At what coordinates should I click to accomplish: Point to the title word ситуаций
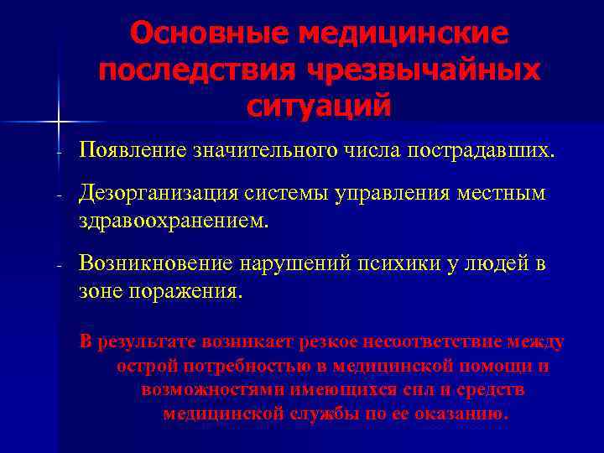click(320, 107)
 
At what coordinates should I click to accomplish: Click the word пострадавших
click(481, 151)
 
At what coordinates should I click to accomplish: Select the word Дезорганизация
click(160, 194)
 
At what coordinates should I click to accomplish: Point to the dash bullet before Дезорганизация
click(60, 196)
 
